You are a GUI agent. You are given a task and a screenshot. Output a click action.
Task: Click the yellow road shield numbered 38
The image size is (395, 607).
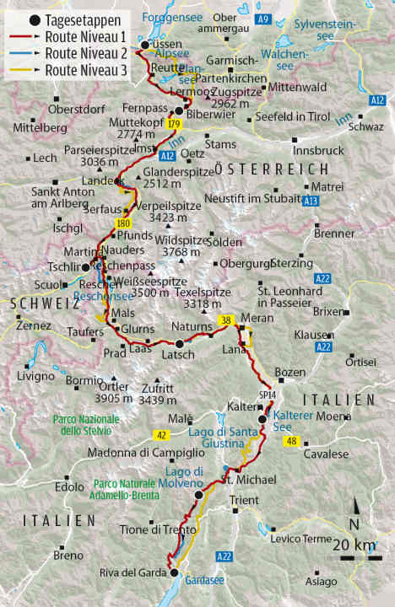tap(225, 320)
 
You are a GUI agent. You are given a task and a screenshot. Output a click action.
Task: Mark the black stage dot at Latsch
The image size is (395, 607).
tap(179, 343)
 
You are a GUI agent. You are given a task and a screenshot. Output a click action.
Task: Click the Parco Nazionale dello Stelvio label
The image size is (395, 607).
tap(86, 425)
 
